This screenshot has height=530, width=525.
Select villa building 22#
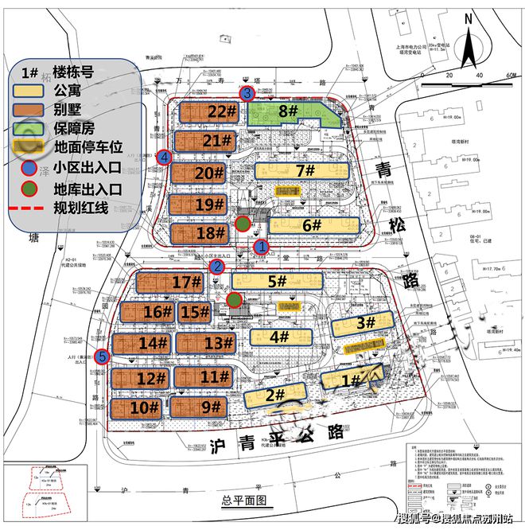coord(207,112)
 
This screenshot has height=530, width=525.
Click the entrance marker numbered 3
coord(248,94)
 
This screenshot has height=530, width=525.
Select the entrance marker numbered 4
coord(164,157)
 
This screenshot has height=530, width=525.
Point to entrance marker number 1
coord(259,247)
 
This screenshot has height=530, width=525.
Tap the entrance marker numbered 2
coord(216,267)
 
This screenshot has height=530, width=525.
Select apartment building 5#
coord(277,281)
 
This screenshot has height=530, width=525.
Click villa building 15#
coord(193,312)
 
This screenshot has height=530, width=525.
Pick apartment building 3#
coord(363,322)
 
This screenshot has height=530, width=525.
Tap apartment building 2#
coord(275,395)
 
